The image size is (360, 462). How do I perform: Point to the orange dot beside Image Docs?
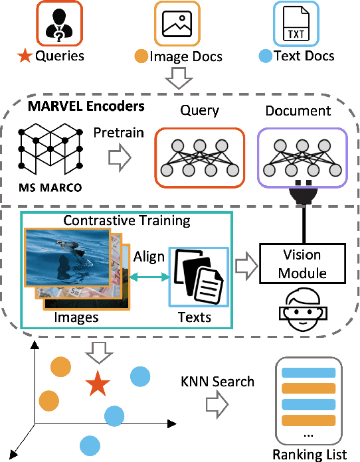(x=140, y=56)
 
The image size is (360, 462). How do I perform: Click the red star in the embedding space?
(x=98, y=383)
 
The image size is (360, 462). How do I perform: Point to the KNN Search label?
(x=217, y=382)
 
